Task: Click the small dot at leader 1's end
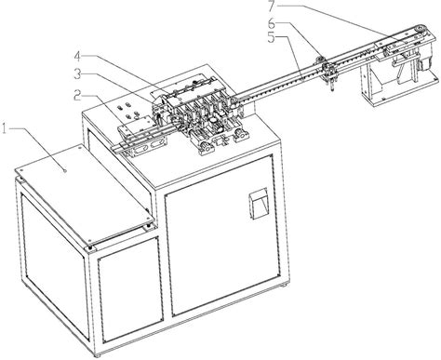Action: (x=63, y=169)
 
